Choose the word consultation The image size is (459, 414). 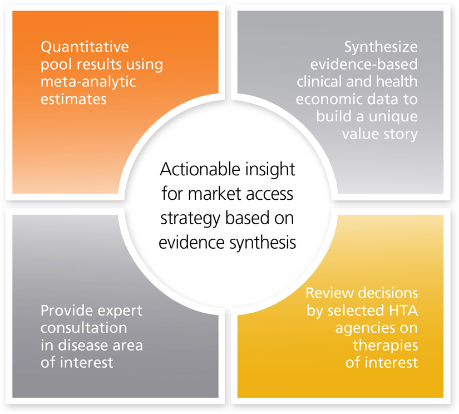pos(76,329)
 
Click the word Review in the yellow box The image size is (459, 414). pos(332,293)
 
